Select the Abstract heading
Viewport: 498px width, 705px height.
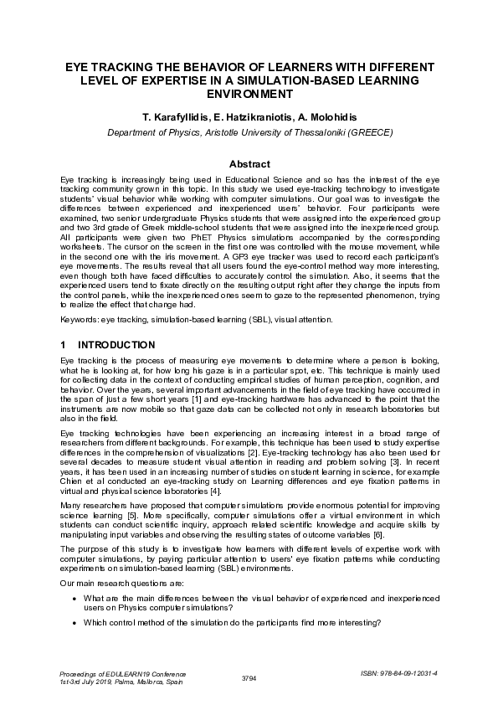tap(249, 164)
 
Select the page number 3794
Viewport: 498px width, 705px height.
tap(249, 677)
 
